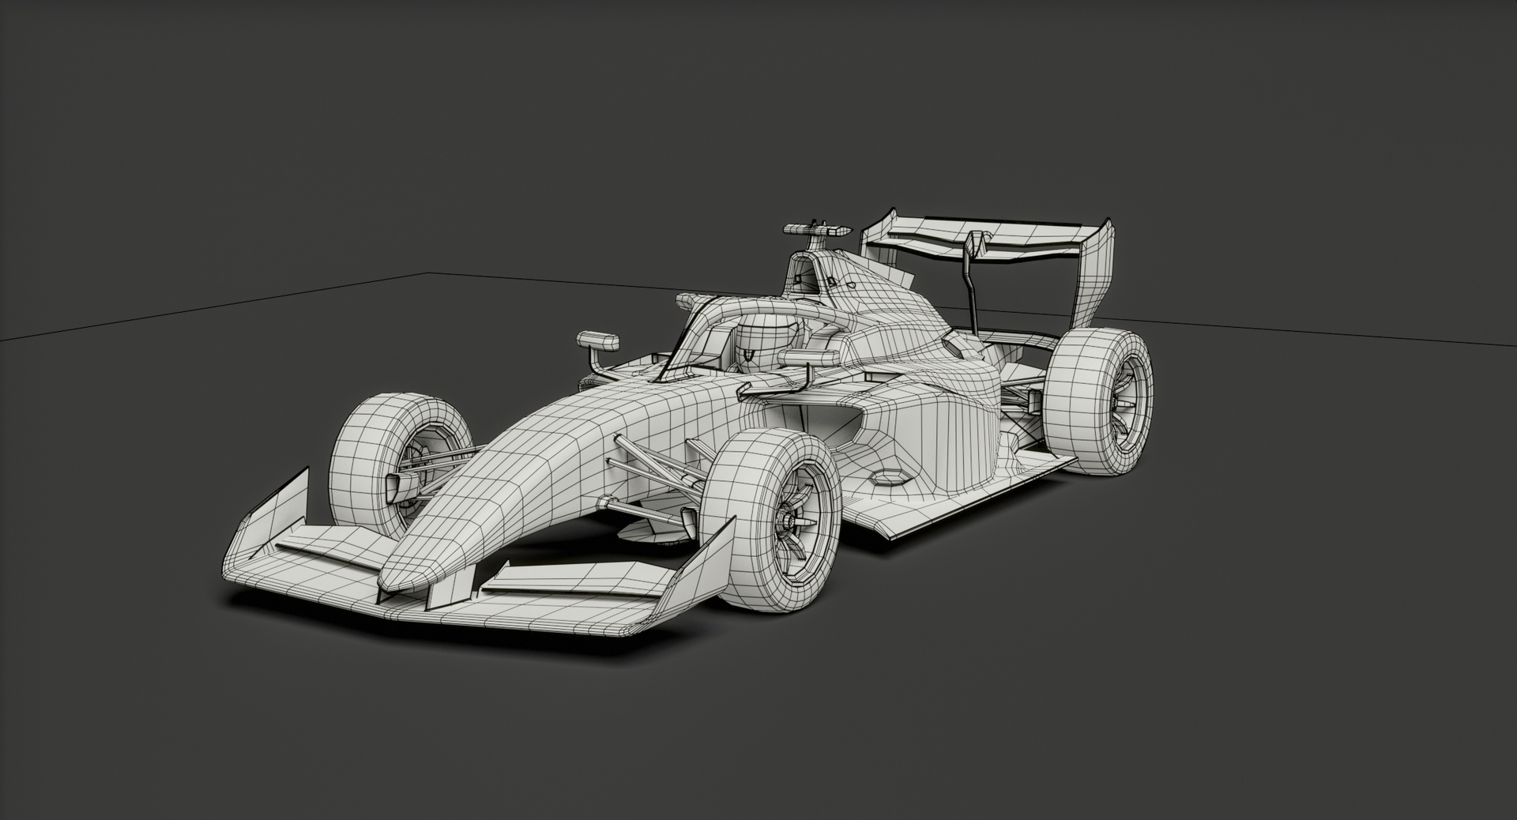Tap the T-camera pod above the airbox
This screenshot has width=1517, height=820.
pyautogui.click(x=818, y=229)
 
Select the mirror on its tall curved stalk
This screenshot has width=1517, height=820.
pyautogui.click(x=598, y=341)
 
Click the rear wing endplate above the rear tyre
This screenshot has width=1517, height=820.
pyautogui.click(x=1094, y=276)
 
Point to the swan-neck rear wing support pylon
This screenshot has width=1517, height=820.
pyautogui.click(x=970, y=284)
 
